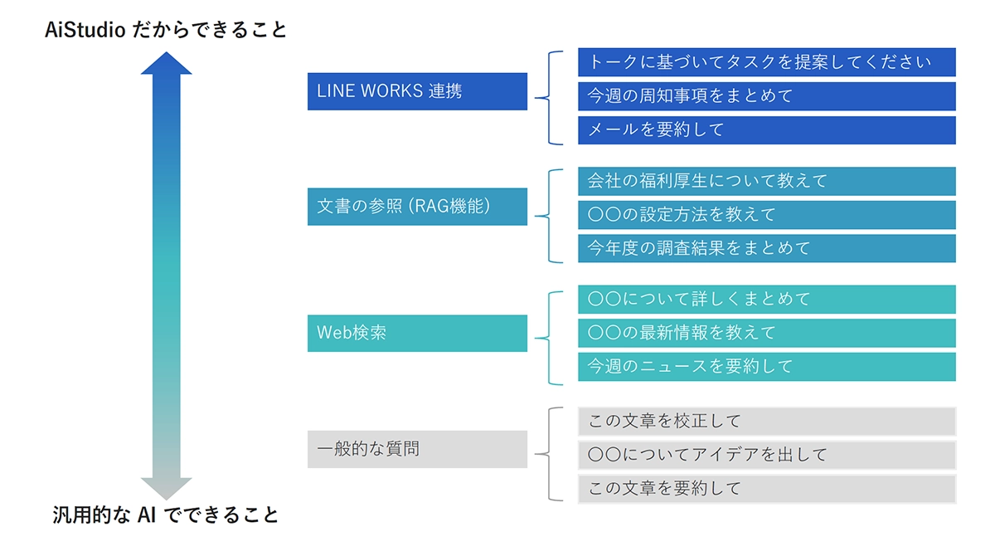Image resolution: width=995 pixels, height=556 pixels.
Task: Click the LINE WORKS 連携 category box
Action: click(x=417, y=91)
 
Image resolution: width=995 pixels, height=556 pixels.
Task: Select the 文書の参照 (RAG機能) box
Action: click(x=417, y=207)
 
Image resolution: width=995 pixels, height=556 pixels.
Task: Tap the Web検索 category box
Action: click(x=417, y=333)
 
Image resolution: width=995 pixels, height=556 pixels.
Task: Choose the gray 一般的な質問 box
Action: click(x=417, y=449)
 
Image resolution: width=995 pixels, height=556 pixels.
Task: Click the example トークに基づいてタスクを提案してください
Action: click(x=766, y=62)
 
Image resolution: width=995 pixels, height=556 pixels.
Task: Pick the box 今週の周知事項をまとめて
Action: click(x=766, y=96)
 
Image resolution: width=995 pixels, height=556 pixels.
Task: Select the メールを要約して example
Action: click(x=766, y=130)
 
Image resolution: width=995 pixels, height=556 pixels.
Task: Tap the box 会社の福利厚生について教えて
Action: click(x=766, y=181)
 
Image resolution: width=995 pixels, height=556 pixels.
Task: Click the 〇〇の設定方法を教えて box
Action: click(x=766, y=215)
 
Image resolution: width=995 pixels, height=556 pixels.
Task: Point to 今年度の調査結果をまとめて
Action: click(x=766, y=248)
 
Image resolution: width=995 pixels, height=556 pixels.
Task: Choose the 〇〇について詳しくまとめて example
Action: click(x=766, y=299)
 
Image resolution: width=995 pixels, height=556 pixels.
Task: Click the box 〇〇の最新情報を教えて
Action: click(x=766, y=333)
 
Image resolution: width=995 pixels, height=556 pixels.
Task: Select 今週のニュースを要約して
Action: click(x=766, y=367)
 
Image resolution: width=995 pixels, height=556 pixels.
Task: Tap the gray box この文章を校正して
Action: click(x=766, y=422)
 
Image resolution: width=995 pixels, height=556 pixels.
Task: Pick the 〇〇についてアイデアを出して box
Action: click(x=766, y=455)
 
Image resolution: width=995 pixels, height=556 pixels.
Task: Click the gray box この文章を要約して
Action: click(x=766, y=489)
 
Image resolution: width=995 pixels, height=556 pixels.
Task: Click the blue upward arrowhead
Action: click(x=166, y=64)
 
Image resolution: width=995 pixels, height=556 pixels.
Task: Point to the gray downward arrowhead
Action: click(x=166, y=488)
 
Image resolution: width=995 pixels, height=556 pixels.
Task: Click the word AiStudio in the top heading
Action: click(x=85, y=31)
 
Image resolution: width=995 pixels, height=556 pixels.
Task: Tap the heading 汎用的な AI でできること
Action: click(x=166, y=515)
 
